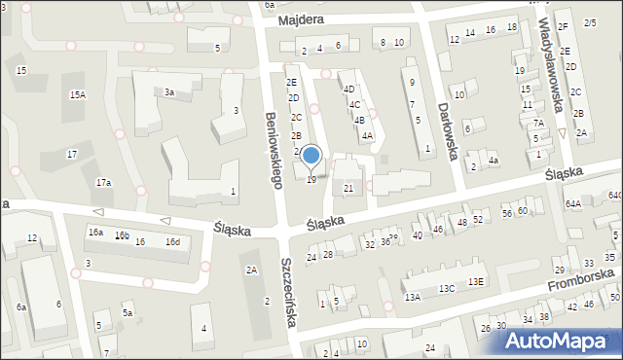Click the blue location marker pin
(x=311, y=156)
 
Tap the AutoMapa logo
(x=560, y=341)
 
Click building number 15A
(x=78, y=94)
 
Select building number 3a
(x=169, y=92)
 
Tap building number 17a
(x=102, y=183)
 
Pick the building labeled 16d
(x=172, y=241)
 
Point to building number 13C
(x=446, y=289)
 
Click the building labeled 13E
(x=475, y=281)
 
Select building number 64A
(x=572, y=203)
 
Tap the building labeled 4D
(x=348, y=90)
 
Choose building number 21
(x=348, y=188)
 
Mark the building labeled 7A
(x=538, y=124)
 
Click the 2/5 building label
(x=590, y=22)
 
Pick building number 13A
(x=413, y=297)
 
